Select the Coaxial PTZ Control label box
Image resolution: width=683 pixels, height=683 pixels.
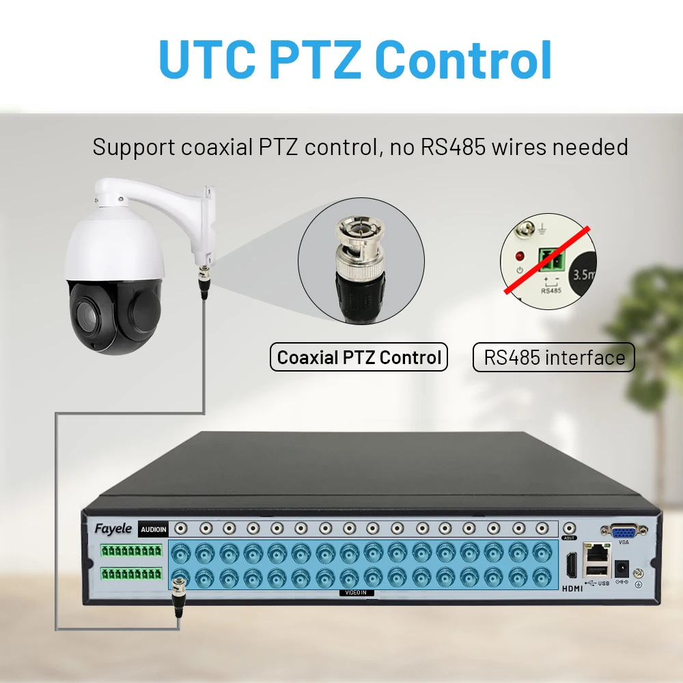click(359, 357)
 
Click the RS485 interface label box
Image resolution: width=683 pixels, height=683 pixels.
click(554, 357)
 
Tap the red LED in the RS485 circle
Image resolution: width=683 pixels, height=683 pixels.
click(520, 257)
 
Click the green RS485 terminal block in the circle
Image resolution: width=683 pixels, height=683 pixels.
click(551, 259)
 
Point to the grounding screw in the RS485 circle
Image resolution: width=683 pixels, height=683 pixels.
click(527, 231)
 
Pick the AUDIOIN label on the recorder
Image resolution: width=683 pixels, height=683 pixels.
click(153, 529)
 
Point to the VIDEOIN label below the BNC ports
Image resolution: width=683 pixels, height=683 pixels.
click(357, 593)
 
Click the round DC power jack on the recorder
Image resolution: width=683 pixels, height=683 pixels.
click(622, 567)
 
